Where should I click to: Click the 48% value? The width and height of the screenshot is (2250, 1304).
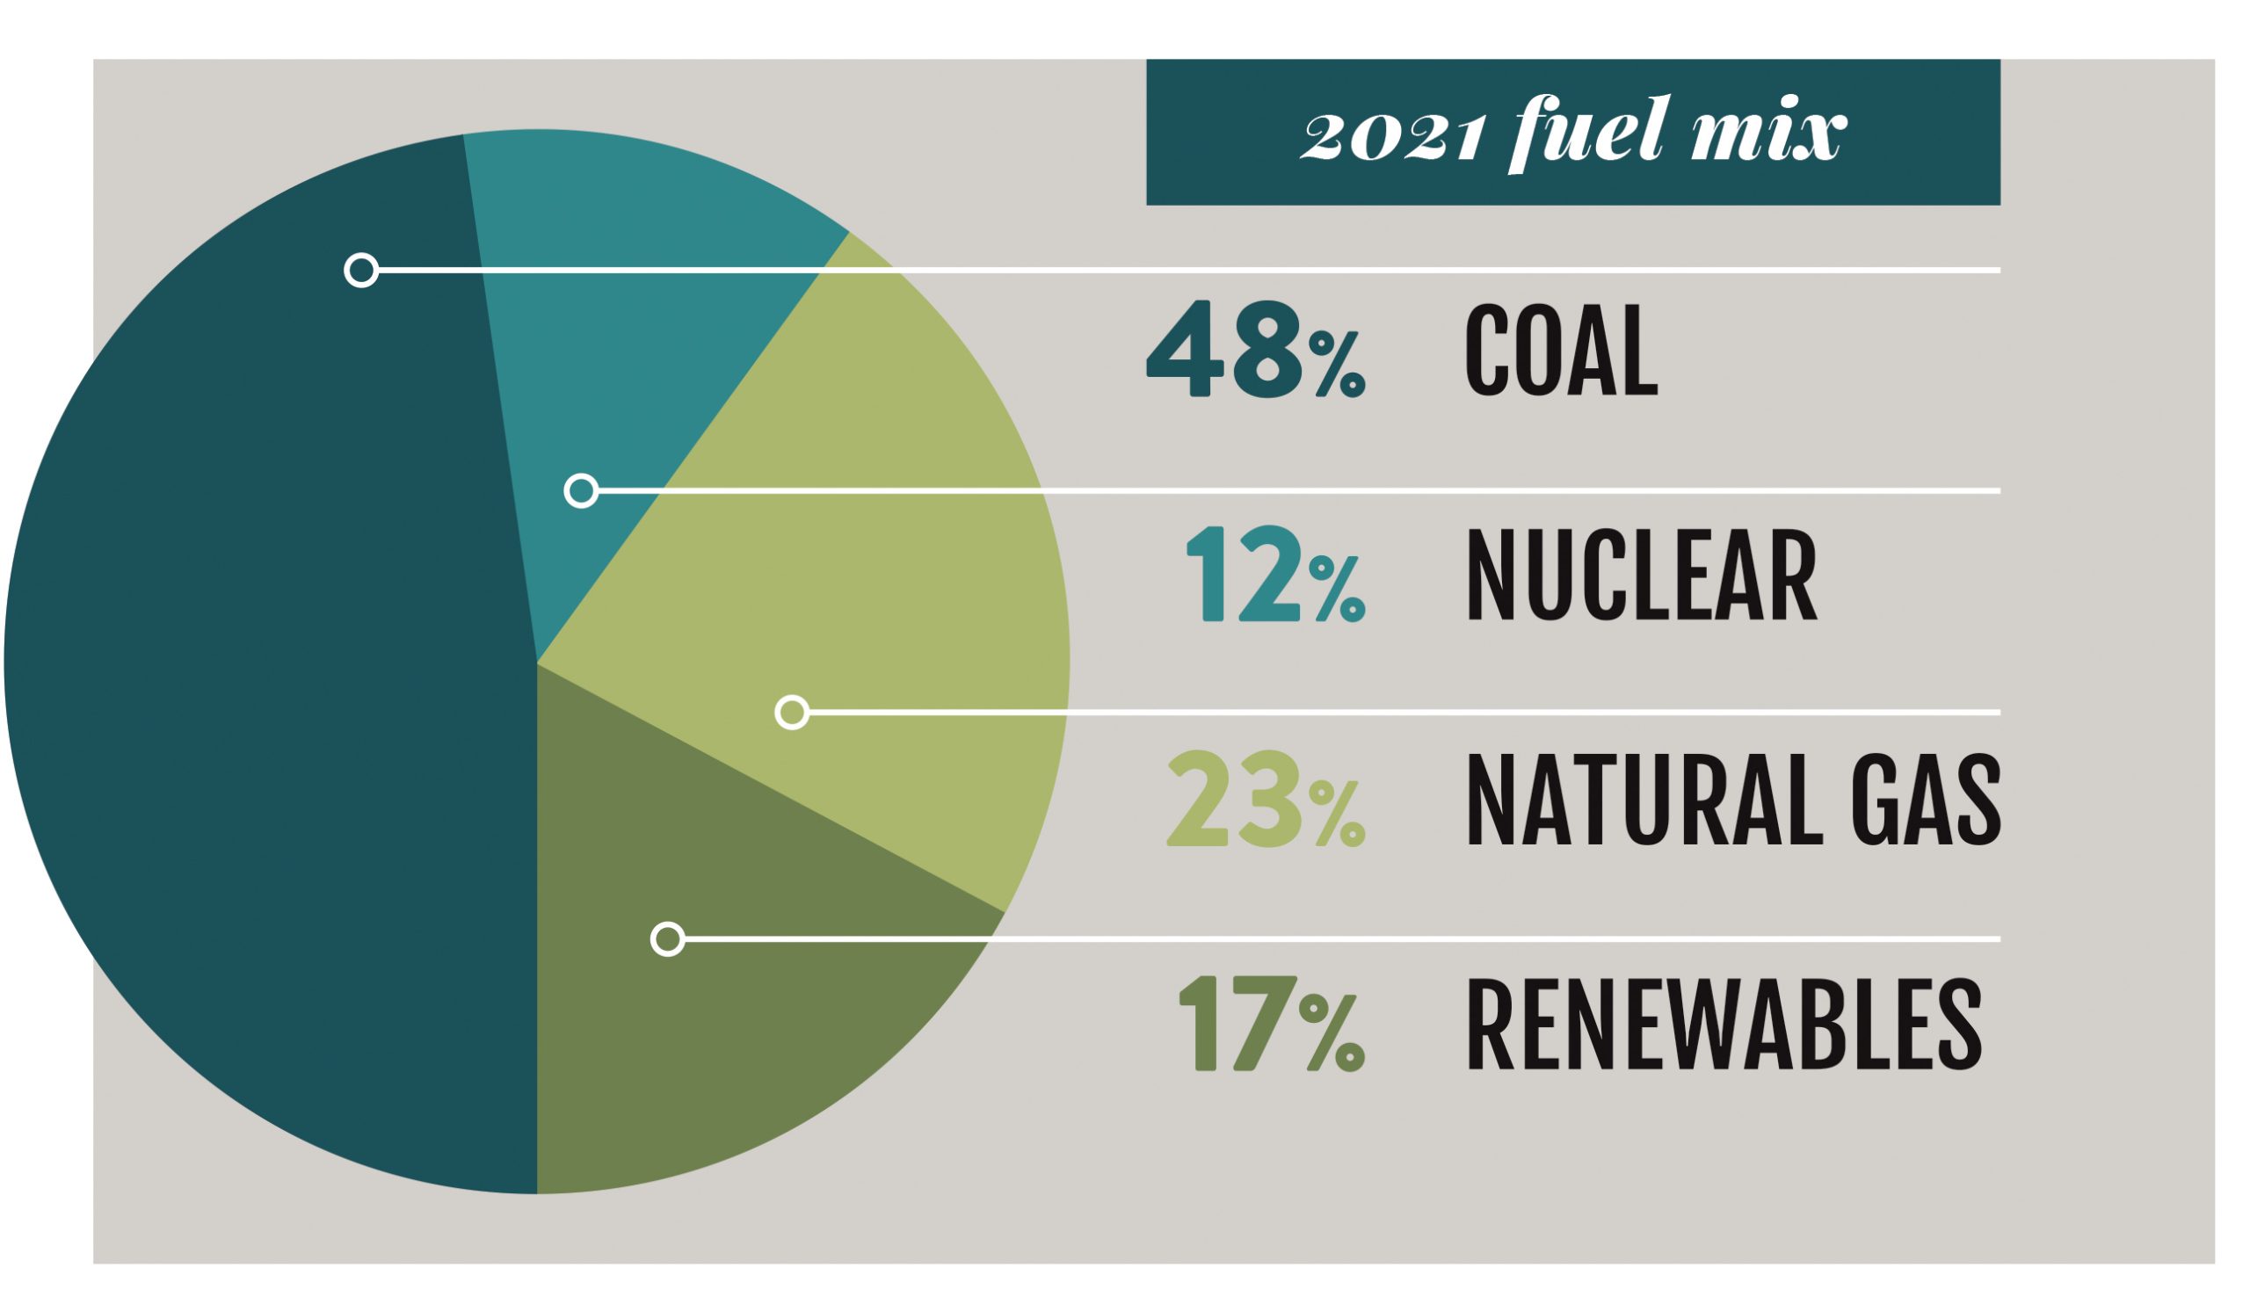pos(1255,350)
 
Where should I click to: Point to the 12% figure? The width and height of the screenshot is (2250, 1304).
pos(1275,575)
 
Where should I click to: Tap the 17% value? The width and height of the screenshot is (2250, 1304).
pos(1272,1025)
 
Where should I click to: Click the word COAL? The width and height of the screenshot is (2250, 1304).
pos(1561,350)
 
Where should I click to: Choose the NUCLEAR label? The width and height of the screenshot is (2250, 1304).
pos(1641,575)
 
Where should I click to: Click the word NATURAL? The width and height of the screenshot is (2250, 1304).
pos(1643,800)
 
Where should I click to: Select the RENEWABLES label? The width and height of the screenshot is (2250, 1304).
pos(1724,1025)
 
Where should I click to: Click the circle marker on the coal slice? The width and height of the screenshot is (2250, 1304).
pos(361,270)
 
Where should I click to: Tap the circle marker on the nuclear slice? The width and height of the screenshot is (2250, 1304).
pos(581,490)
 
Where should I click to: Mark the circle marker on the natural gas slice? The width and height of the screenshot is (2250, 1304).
pos(792,713)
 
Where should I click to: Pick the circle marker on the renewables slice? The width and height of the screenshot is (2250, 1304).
pos(668,939)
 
